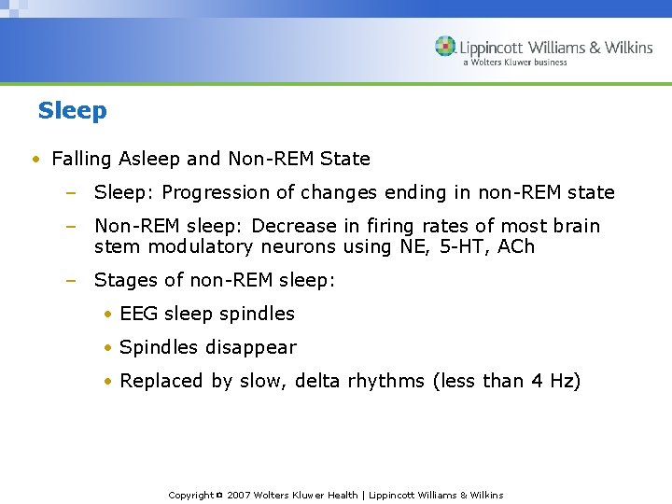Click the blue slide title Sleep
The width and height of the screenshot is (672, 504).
[x=73, y=110]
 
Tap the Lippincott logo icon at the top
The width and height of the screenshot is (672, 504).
[x=445, y=47]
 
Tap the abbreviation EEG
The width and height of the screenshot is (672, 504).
[x=139, y=314]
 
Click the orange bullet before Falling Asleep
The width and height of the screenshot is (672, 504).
[x=35, y=160]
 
